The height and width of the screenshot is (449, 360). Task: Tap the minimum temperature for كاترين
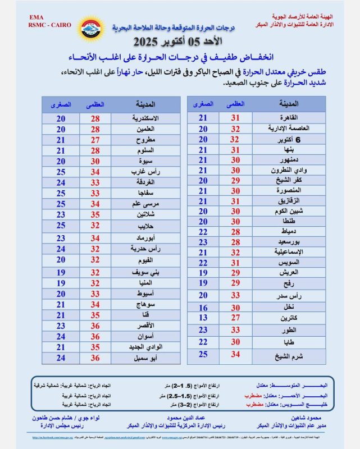(x=203, y=318)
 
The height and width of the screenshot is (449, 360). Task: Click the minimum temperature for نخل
(x=203, y=308)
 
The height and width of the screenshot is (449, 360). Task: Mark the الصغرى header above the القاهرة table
(x=203, y=104)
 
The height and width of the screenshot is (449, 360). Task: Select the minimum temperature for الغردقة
(x=61, y=182)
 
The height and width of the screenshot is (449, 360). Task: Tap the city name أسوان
(x=140, y=337)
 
